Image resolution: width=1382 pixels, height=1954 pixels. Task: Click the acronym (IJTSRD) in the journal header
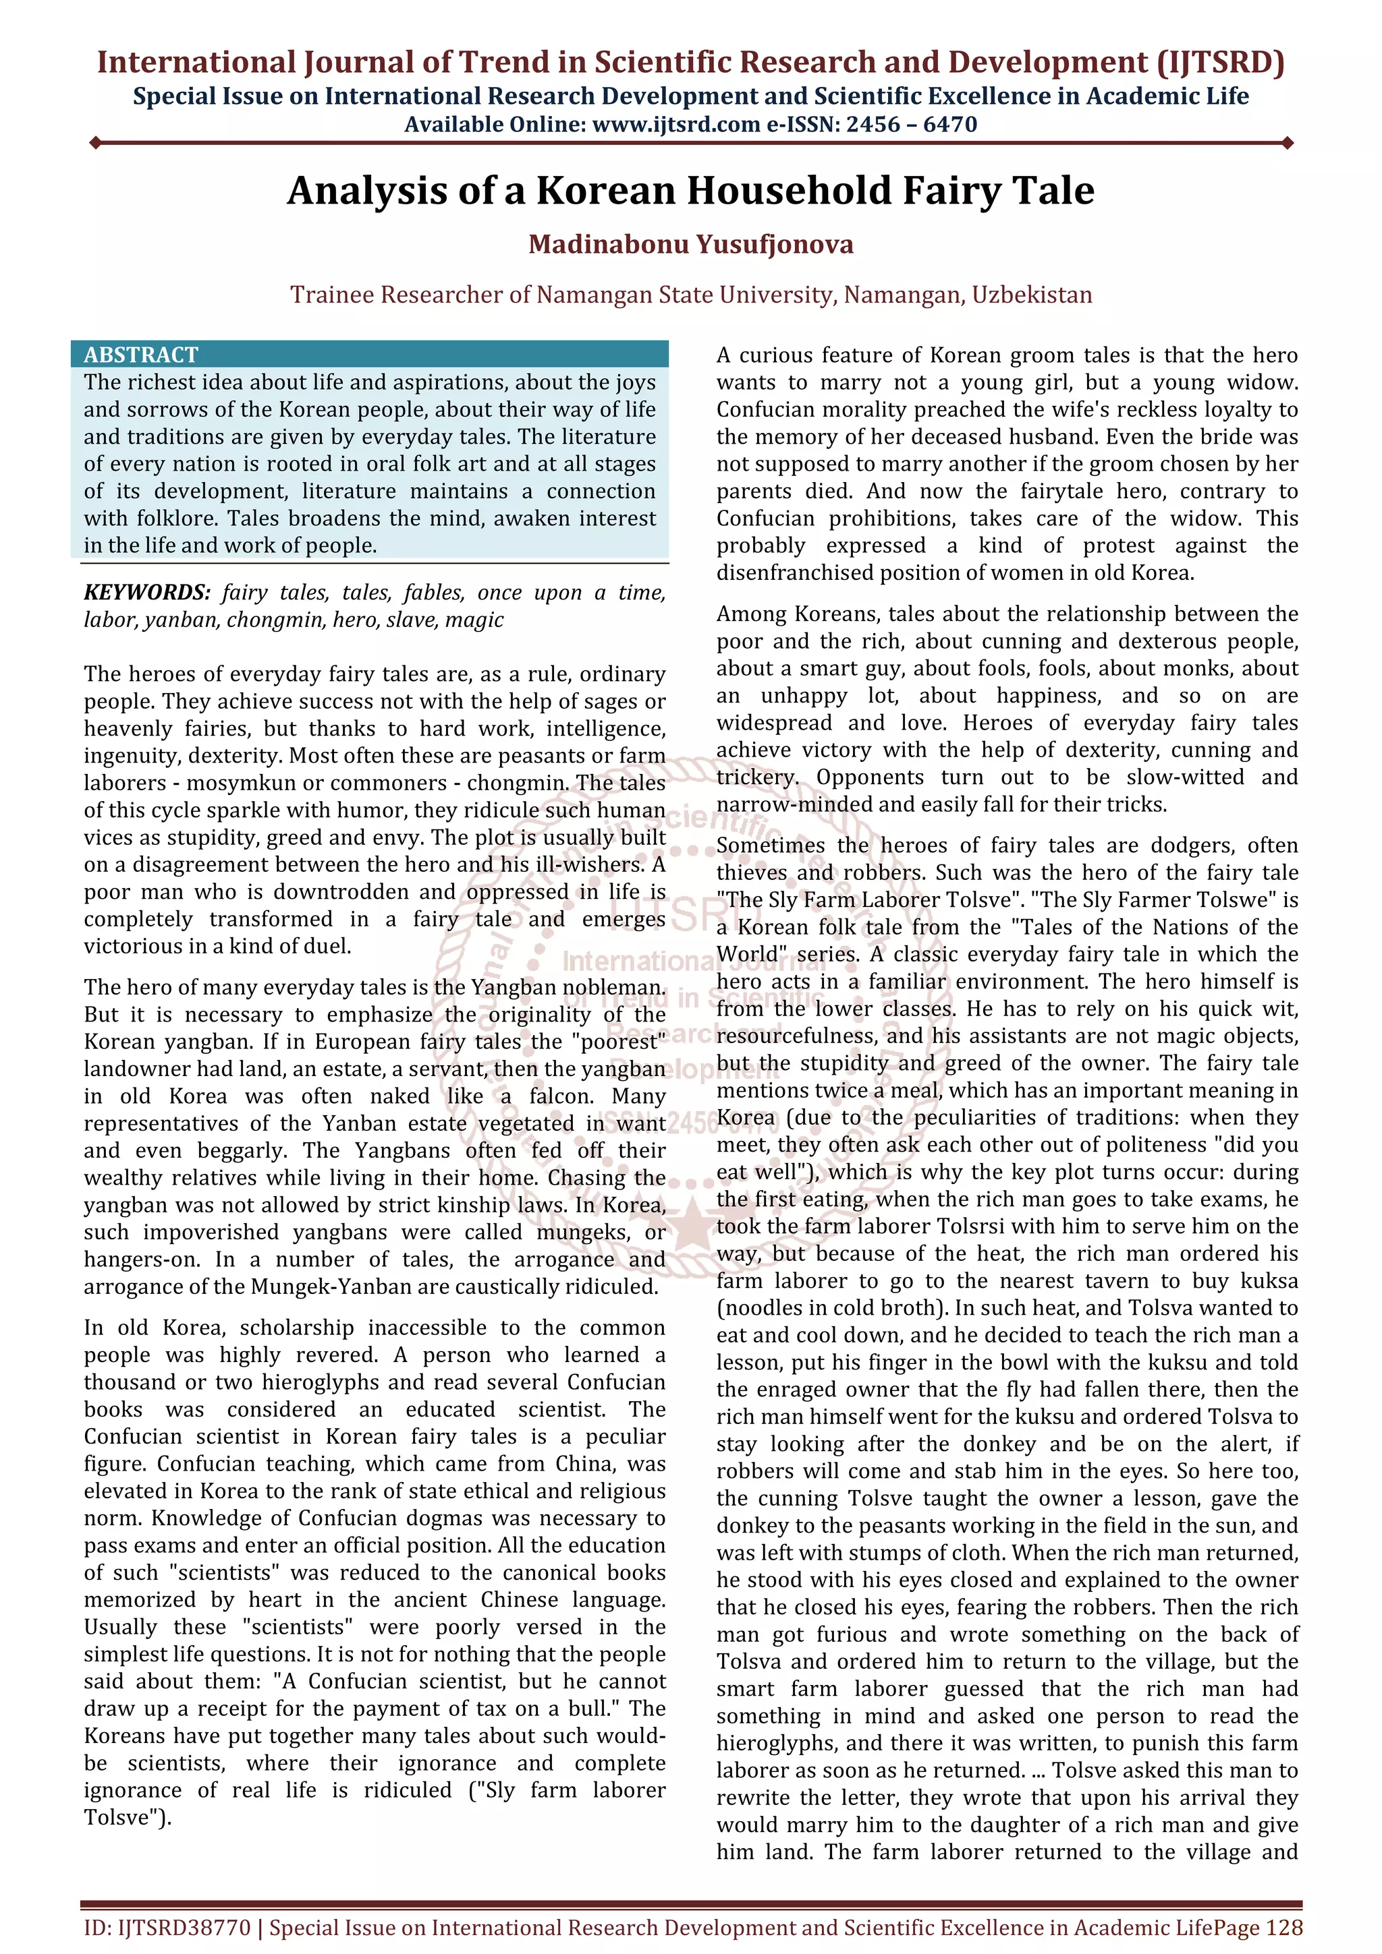[1219, 62]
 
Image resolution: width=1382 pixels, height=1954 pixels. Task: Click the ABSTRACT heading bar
[370, 354]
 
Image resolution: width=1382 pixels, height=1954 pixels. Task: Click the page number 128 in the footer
[1283, 1928]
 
